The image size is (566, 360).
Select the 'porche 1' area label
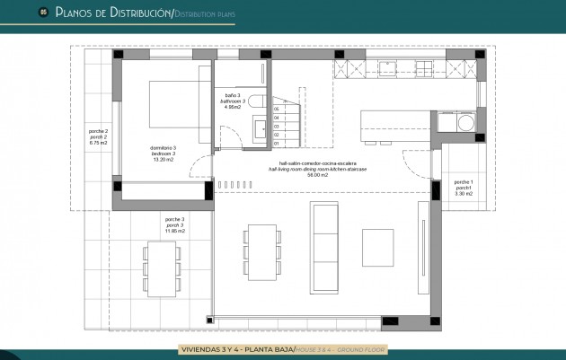(464, 188)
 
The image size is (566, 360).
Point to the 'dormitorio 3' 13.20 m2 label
(163, 153)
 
